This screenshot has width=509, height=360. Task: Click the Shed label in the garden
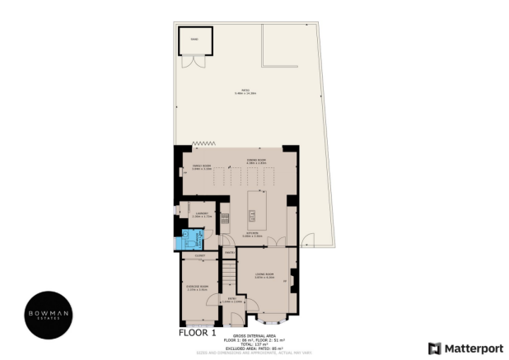tap(194, 39)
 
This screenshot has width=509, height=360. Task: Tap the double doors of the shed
tap(194, 61)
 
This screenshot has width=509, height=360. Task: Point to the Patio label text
tap(245, 91)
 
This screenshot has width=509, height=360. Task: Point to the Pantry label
tap(230, 252)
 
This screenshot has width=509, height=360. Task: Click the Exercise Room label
tap(197, 288)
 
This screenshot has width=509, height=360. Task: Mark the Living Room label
tap(264, 274)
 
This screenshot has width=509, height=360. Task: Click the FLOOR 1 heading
tap(197, 334)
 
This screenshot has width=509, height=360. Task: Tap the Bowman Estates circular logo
tap(52, 315)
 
